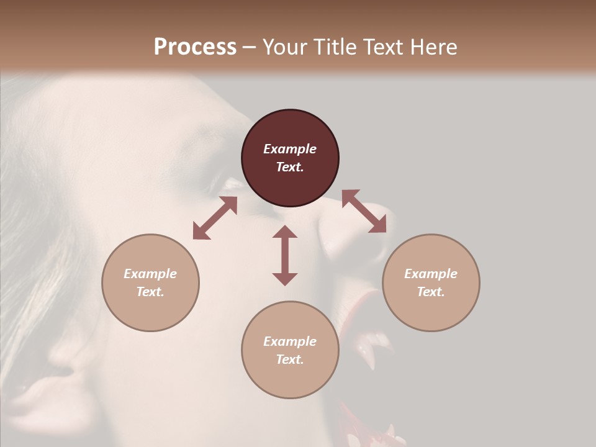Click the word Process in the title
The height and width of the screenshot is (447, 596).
pos(195,47)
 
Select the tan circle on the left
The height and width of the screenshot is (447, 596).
pos(150,310)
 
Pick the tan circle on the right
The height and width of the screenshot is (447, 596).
pos(431,310)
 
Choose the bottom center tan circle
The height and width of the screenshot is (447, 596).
pos(290,378)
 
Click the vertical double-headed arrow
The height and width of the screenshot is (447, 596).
pos(285,255)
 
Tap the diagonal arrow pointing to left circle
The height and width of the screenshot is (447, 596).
pos(215,218)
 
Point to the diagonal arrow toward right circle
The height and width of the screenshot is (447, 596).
pos(364,211)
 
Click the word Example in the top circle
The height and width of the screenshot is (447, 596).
pos(290,149)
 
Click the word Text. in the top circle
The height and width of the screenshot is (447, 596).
pos(290,167)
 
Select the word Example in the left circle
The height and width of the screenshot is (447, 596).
pos(150,274)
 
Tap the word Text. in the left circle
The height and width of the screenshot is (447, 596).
pos(150,292)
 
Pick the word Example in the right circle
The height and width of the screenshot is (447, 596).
pos(431,274)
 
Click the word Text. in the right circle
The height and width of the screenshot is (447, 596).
pos(431,292)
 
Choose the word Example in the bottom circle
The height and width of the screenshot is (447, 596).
pos(290,341)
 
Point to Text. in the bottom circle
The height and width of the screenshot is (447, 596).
pos(290,359)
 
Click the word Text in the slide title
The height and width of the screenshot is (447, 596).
pos(382,47)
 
